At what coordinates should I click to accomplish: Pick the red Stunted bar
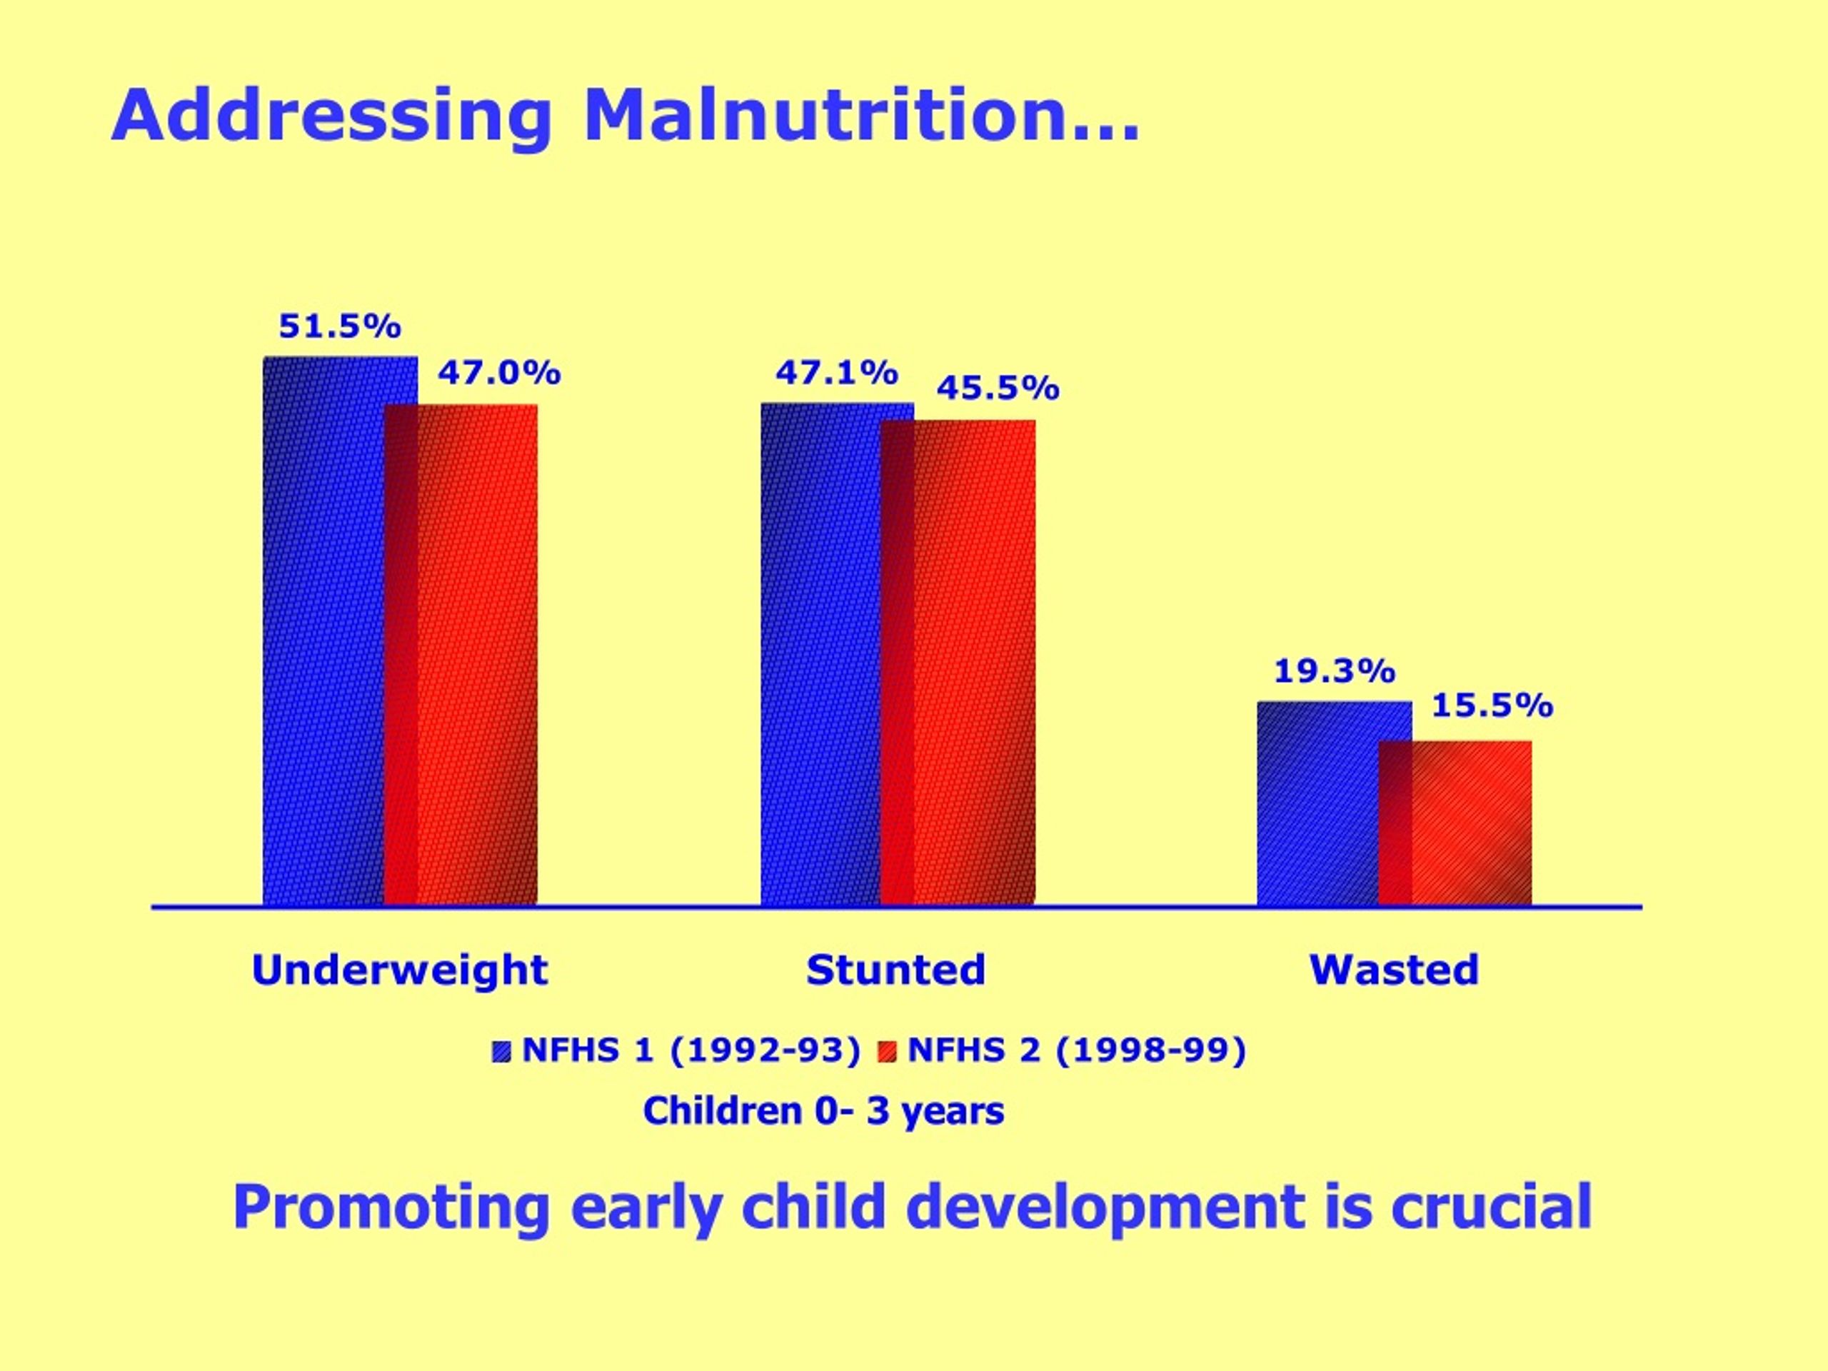(x=958, y=663)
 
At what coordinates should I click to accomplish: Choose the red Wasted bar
(x=1455, y=824)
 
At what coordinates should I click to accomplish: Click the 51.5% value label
(x=340, y=326)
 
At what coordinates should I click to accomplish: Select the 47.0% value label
(x=500, y=373)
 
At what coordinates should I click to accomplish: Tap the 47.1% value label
(x=836, y=373)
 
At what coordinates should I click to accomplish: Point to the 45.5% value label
(x=998, y=388)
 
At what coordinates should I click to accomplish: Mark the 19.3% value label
(x=1335, y=671)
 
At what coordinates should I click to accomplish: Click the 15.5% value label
(x=1492, y=705)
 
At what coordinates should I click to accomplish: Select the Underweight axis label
(x=400, y=970)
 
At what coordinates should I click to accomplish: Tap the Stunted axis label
(x=896, y=970)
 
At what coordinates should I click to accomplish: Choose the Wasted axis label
(x=1394, y=970)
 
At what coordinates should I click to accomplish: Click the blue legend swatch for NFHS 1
(x=501, y=1052)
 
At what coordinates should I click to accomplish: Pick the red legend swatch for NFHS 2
(x=888, y=1052)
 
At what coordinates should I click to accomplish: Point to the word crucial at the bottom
(x=1492, y=1207)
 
